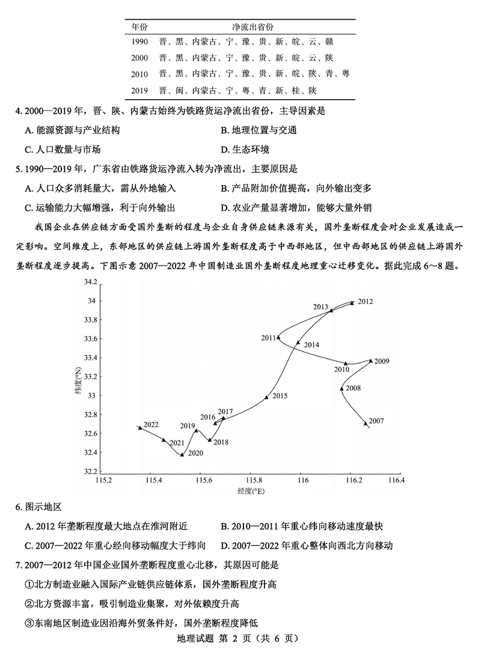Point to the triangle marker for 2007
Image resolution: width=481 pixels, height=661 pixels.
pos(366,424)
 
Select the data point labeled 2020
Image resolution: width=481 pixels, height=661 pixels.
pos(182,454)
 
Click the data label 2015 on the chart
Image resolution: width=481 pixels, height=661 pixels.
pos(280,396)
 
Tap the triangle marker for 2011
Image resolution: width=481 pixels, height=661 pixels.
pos(278,337)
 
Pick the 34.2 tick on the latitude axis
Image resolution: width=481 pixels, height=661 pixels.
pos(91,282)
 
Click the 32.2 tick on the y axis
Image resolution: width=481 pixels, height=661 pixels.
pos(91,472)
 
